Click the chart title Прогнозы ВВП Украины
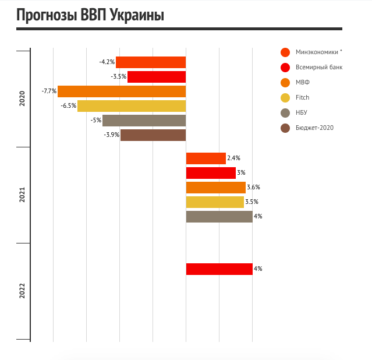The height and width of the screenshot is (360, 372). (90, 16)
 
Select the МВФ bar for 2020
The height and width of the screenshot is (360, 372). (122, 91)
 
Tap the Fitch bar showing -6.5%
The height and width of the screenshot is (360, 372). (132, 106)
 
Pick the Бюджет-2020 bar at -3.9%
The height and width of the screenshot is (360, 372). (153, 135)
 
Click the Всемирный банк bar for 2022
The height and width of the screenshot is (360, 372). (219, 269)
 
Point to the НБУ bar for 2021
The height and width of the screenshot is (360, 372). (219, 217)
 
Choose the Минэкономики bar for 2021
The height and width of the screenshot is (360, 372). (206, 158)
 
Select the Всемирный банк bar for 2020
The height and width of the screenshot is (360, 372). (157, 77)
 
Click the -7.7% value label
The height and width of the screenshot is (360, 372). (49, 91)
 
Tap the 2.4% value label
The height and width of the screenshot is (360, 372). (234, 158)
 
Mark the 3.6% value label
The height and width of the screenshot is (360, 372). (253, 188)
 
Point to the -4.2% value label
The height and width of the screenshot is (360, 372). (107, 62)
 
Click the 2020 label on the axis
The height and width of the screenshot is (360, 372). (22, 98)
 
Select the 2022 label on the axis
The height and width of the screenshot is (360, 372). (22, 291)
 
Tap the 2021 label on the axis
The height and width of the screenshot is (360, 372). (22, 195)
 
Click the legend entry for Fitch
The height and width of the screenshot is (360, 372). (302, 97)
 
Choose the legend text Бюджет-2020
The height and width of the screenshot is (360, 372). (315, 128)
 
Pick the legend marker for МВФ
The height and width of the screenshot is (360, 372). (285, 83)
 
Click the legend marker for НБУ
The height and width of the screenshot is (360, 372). (285, 113)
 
